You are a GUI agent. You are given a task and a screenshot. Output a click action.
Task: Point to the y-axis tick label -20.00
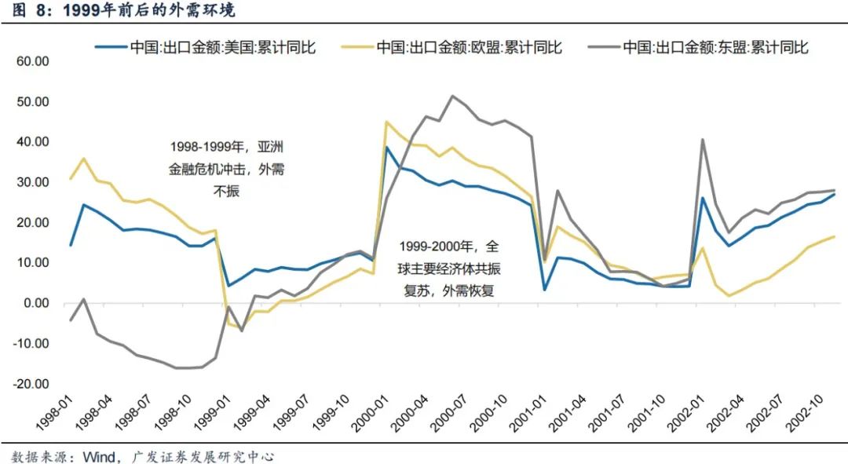(30, 384)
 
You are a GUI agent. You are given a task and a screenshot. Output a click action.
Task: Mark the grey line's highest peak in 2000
(452, 96)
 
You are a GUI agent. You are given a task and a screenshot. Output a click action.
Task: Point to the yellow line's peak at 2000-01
(386, 122)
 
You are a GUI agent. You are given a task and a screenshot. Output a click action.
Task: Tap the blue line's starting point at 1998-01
(71, 246)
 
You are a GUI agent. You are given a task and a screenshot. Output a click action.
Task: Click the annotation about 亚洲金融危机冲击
(227, 169)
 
